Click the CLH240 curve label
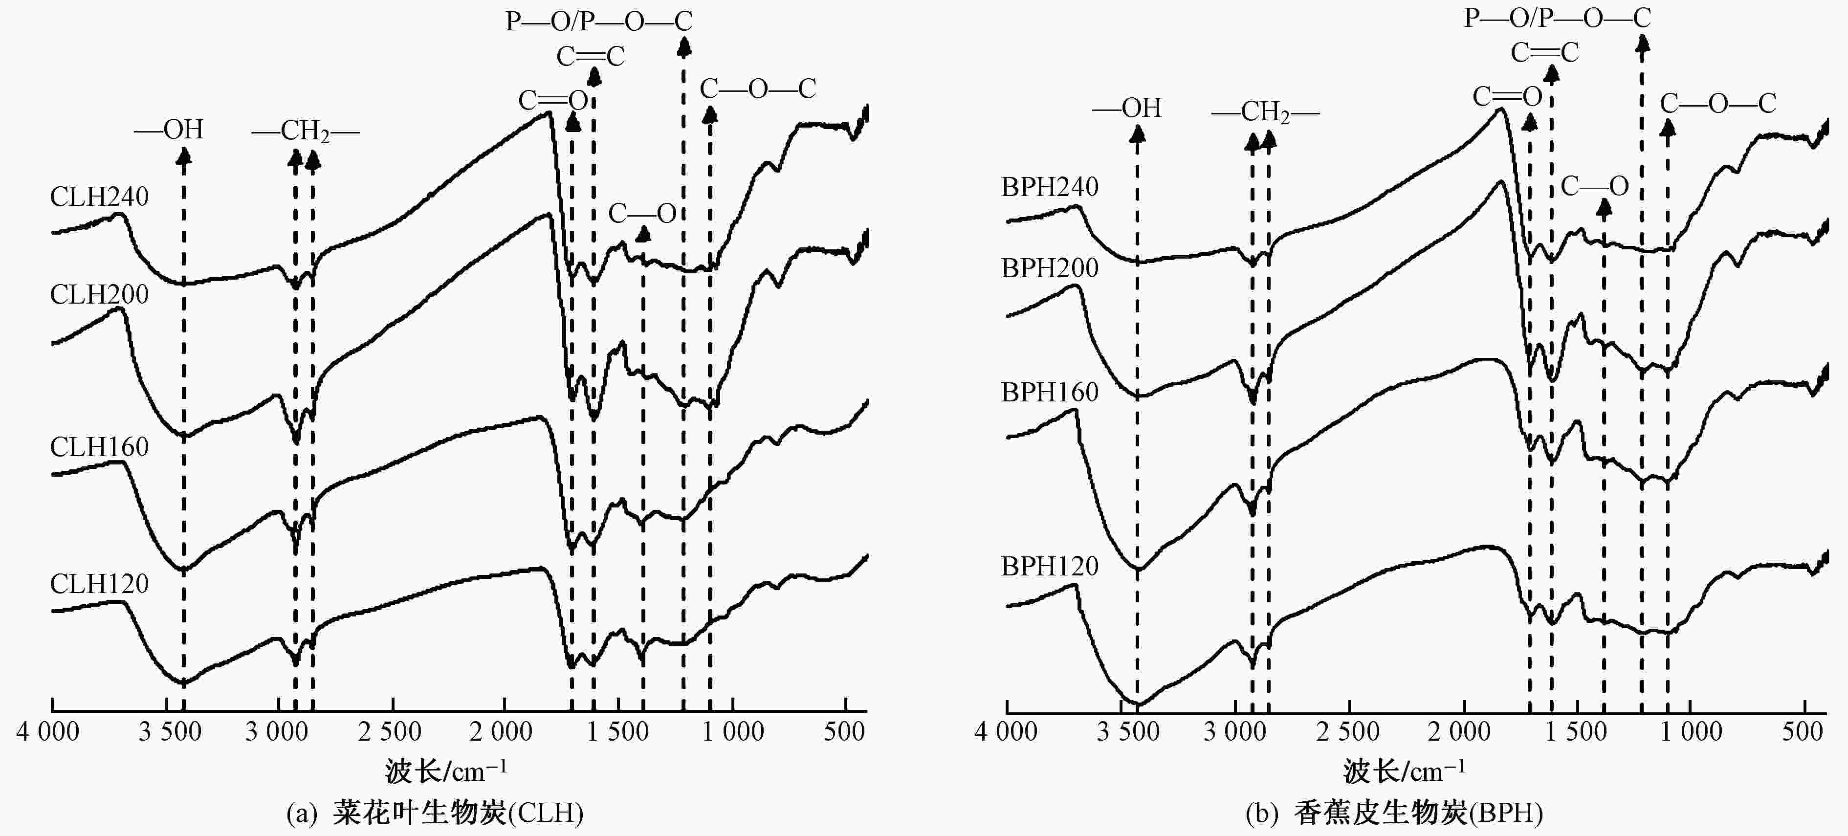[99, 197]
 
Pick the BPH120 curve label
[1050, 566]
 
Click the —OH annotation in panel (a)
[169, 130]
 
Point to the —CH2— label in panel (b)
[1265, 112]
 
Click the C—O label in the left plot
[642, 213]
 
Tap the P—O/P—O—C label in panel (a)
[599, 21]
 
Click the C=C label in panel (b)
[1544, 52]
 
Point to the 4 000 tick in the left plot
[48, 732]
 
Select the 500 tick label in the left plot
[844, 732]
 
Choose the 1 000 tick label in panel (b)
[1691, 732]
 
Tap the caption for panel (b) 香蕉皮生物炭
[1394, 813]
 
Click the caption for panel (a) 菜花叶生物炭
[435, 813]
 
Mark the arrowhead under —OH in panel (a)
[184, 156]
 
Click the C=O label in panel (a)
[553, 100]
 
